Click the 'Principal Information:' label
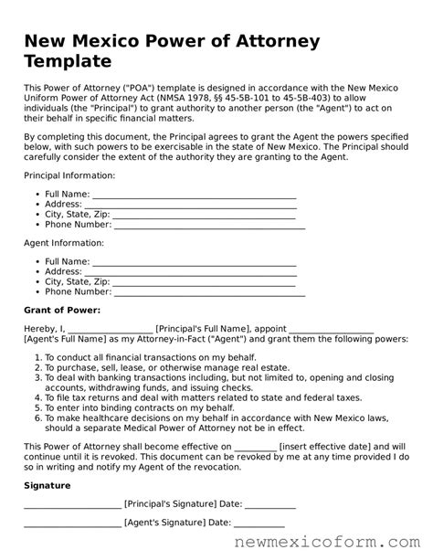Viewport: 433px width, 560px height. [x=69, y=174]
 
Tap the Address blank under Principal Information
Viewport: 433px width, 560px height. [x=191, y=205]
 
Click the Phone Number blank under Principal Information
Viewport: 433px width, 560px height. [x=209, y=224]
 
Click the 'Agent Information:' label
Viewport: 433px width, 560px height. [x=63, y=243]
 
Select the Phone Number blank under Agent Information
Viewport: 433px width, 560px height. [x=209, y=292]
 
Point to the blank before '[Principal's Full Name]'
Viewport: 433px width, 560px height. [x=111, y=330]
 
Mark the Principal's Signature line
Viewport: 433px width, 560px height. [x=71, y=503]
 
